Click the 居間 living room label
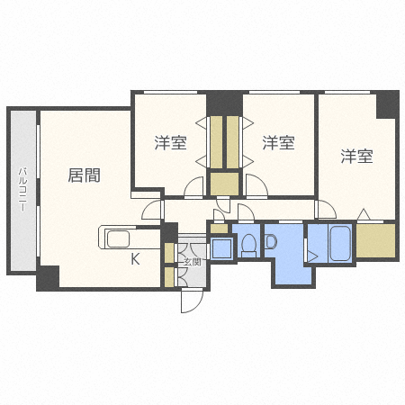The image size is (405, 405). coord(84,175)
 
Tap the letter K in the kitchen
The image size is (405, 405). coord(136,260)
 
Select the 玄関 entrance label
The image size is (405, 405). coord(192,263)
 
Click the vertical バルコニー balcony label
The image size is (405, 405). coord(22,190)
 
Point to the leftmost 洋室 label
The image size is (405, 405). coord(169,142)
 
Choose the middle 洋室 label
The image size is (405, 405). coord(278,142)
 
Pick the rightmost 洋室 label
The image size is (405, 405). coord(356,156)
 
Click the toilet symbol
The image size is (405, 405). coord(247,245)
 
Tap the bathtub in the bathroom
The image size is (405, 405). coord(340,243)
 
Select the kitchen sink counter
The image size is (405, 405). coord(120,239)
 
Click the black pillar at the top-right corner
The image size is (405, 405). coord(387,104)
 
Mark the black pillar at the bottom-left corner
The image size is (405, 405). coord(48,278)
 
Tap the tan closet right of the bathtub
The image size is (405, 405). coord(375,240)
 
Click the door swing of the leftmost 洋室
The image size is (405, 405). coord(193,188)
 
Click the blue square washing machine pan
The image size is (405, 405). coord(219,247)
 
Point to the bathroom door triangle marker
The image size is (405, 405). coord(311,255)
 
